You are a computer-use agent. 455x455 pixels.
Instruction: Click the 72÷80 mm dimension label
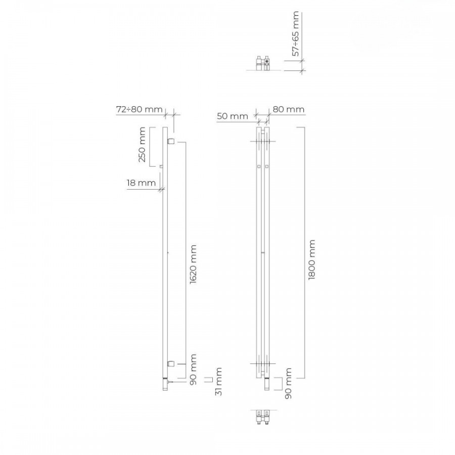pos(140,109)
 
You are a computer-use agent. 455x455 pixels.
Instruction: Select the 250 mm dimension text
pos(142,145)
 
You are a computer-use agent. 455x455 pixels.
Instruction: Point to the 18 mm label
pos(141,183)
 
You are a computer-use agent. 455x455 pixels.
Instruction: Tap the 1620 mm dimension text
pos(193,264)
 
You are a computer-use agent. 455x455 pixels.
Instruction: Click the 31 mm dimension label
pos(218,381)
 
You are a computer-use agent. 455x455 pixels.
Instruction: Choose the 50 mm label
pos(233,116)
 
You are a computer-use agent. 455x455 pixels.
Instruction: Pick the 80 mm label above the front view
pos(289,109)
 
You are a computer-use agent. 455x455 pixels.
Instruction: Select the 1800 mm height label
pos(311,260)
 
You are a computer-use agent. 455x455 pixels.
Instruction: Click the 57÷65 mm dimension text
pos(295,34)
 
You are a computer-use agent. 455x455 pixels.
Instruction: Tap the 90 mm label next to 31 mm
pos(193,370)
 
